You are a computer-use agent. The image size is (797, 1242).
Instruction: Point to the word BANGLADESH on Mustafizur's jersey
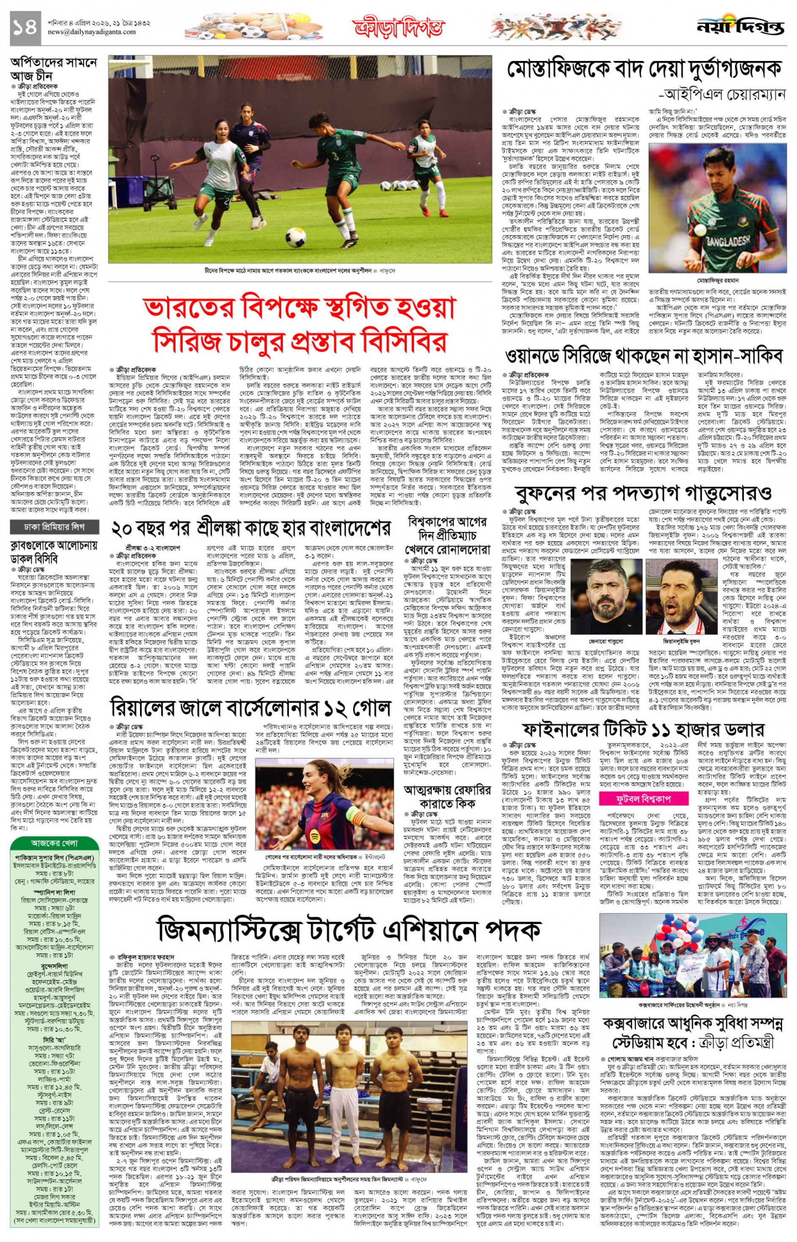point(728,242)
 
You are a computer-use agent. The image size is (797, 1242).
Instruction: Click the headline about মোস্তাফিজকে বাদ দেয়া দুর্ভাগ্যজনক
point(646,69)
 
